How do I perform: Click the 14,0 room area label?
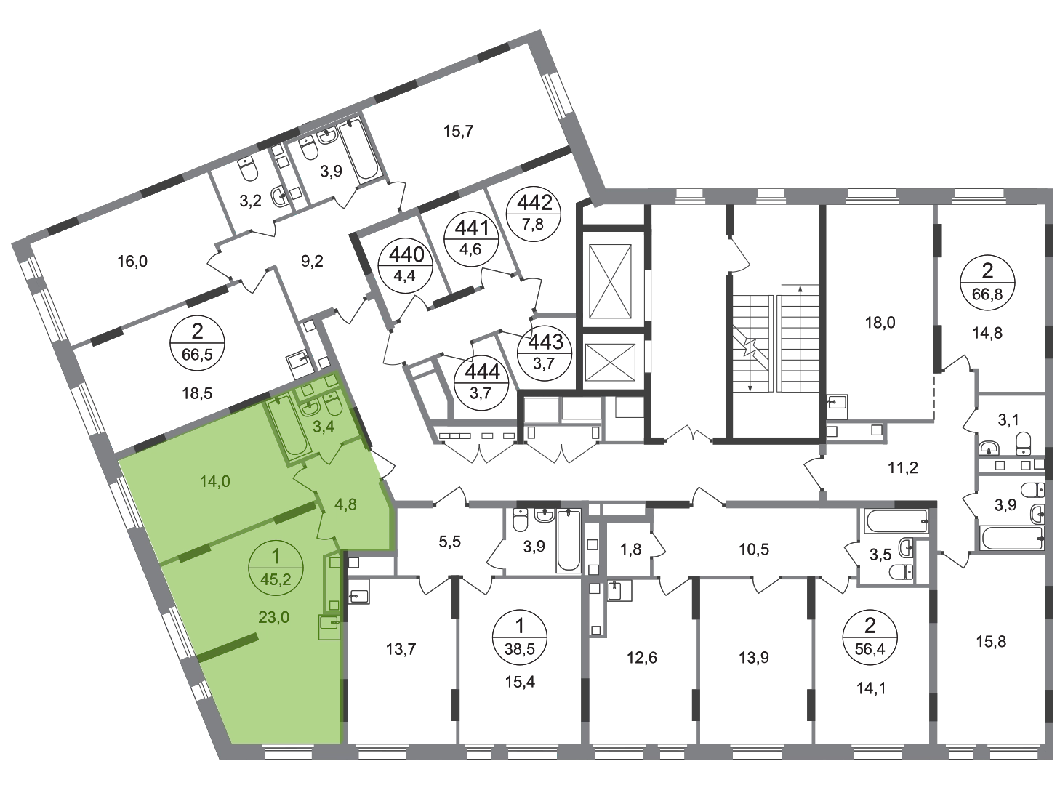pos(214,480)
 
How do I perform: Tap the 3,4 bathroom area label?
pos(322,426)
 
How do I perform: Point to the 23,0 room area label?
pos(274,617)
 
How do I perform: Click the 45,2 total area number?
pos(274,579)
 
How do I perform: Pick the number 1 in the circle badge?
pos(274,557)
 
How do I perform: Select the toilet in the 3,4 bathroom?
pos(334,403)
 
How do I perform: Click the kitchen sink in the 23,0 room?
pos(329,623)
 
